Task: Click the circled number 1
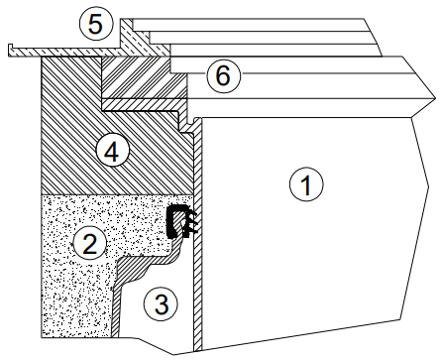coord(306,184)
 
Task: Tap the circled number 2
coord(90,244)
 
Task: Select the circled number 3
coord(161,303)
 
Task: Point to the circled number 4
coord(112,152)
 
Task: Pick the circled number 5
coord(96,24)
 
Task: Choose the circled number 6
coord(223,75)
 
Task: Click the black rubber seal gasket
coord(181,221)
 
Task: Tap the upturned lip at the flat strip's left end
coord(10,50)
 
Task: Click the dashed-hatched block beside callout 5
coord(139,38)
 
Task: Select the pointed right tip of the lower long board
coord(435,98)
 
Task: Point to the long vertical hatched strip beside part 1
coord(197,235)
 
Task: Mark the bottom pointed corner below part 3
coord(173,354)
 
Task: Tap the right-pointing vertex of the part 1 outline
coord(429,187)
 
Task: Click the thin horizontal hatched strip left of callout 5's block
coord(64,52)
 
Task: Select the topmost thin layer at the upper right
coord(250,25)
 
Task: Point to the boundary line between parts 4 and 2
coord(117,194)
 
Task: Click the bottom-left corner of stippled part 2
coord(42,337)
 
